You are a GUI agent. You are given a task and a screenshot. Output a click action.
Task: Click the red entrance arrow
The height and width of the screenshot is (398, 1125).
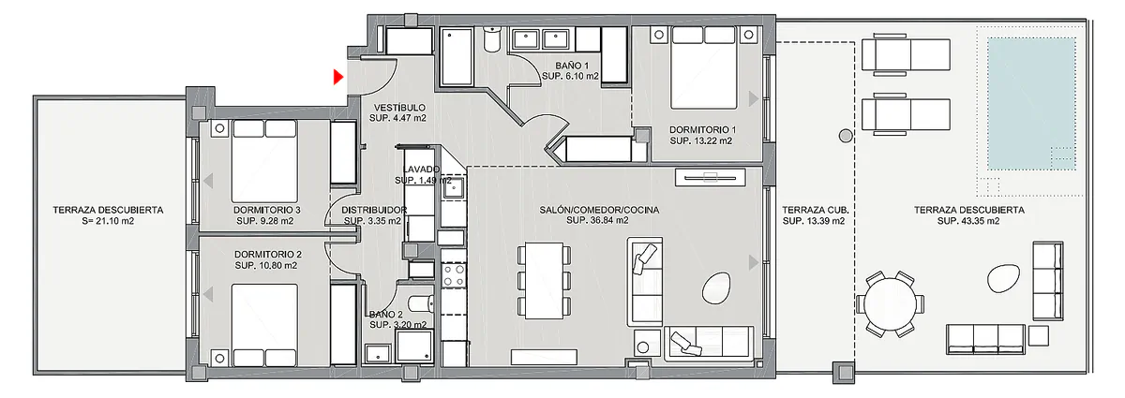(x=338, y=77)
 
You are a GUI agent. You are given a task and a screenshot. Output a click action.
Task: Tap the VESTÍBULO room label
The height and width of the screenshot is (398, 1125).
(x=399, y=108)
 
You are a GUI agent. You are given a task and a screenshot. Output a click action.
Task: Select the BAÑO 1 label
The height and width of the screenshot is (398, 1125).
(x=572, y=66)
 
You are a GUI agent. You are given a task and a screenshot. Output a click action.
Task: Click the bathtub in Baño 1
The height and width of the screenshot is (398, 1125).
(x=457, y=55)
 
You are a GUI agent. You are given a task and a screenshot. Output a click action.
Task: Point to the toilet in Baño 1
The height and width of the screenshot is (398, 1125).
(x=492, y=39)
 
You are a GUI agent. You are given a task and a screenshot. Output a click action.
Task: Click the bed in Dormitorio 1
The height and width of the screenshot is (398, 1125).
(x=704, y=67)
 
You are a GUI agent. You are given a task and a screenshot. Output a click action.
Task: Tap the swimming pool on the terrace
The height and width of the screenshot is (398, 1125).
(x=1031, y=104)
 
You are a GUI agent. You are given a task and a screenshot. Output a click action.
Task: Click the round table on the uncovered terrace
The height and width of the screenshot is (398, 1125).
(x=891, y=303)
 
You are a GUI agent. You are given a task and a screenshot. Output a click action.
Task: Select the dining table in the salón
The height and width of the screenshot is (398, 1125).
(x=544, y=281)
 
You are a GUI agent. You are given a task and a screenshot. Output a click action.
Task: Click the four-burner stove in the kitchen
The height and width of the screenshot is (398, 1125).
(x=454, y=276)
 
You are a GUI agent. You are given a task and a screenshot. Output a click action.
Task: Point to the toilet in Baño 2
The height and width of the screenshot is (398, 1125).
(x=421, y=303)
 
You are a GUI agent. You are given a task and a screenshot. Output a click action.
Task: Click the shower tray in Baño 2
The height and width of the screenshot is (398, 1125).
(x=413, y=346)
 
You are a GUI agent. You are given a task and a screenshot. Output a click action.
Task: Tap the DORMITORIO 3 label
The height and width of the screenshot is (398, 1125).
(x=266, y=210)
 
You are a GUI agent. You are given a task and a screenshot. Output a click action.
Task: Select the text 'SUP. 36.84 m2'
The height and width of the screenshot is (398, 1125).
(x=597, y=220)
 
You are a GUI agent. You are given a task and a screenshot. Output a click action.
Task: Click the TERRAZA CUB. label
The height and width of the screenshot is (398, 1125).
(x=815, y=210)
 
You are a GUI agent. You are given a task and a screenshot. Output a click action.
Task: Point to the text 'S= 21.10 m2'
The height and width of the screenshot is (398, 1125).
(x=108, y=221)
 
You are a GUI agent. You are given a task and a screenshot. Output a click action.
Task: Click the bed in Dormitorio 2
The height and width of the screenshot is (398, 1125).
(x=264, y=325)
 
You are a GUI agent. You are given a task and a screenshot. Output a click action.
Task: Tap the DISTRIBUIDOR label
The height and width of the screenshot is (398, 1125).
(x=374, y=210)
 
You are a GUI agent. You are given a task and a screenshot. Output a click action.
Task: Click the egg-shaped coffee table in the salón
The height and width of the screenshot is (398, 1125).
(x=715, y=287)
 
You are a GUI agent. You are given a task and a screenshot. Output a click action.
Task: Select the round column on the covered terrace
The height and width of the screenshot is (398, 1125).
(x=846, y=136)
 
